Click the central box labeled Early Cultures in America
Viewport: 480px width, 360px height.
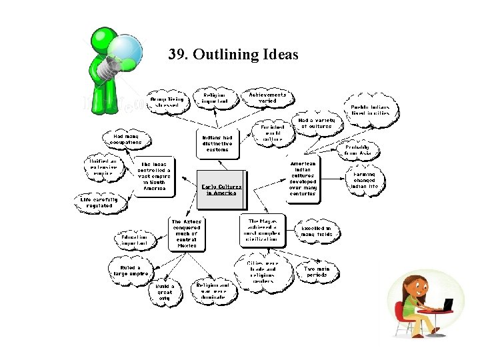[221, 186]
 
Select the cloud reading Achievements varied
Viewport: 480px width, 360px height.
[267, 98]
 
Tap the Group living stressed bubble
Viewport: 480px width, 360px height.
[167, 101]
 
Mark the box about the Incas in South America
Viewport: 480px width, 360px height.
[154, 177]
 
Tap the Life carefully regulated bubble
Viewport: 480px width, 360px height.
[99, 202]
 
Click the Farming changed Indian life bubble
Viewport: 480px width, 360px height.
[365, 180]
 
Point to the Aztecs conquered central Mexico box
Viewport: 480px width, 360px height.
[186, 233]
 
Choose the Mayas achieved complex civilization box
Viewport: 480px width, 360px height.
[263, 230]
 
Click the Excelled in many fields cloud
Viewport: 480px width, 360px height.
[317, 231]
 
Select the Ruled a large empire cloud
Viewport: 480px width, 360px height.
[130, 270]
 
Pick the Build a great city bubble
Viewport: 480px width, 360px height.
[164, 291]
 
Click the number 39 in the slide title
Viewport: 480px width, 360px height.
[177, 54]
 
